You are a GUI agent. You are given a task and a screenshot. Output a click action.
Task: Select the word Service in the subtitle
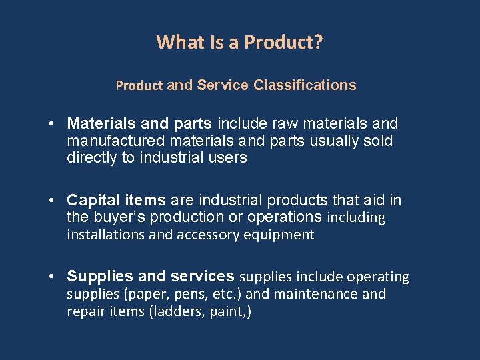click(223, 85)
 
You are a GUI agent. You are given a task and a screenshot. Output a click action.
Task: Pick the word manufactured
click(109, 141)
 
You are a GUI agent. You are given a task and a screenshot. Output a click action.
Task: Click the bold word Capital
click(91, 201)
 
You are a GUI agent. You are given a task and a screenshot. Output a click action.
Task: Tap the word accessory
click(209, 235)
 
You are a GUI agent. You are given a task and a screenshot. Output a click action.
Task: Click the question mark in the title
click(319, 43)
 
